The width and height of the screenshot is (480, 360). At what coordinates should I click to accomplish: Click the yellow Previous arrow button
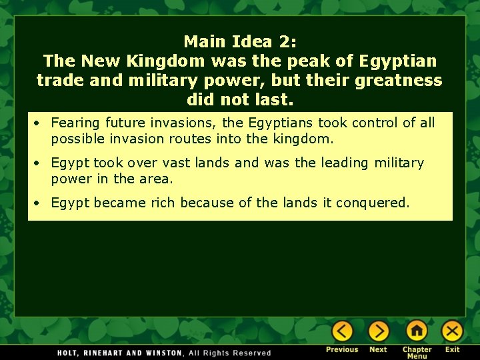point(342,331)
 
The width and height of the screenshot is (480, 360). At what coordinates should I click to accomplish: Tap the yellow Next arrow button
point(378,331)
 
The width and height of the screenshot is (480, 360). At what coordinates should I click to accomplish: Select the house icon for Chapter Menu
point(417,331)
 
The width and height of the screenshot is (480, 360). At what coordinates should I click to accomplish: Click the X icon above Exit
point(452,331)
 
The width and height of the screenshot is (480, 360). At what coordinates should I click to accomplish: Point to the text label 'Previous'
point(342,349)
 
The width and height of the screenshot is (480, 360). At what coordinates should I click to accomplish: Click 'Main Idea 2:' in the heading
point(239,41)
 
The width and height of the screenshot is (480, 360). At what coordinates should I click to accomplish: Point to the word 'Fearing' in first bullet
point(75,123)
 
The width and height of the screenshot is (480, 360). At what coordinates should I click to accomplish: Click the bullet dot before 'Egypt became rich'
point(41,203)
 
